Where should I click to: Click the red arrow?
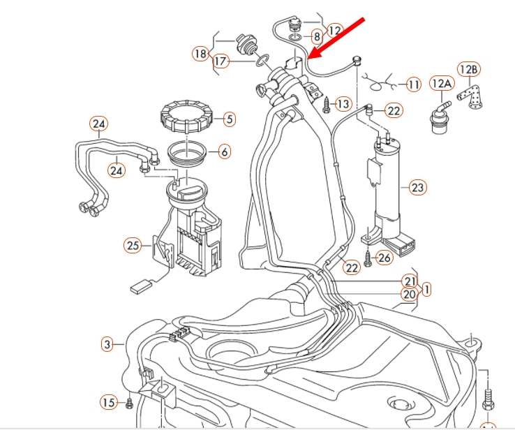pos(337,38)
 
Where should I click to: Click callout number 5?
pos(230,119)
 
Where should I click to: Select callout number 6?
pos(225,151)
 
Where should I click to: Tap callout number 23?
pos(418,188)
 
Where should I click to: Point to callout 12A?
pos(442,84)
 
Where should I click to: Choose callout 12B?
pos(469,69)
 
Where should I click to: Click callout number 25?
pos(133,246)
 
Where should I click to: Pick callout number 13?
pos(343,105)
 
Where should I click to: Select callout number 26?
pos(385,258)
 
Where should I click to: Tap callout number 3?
pos(107,345)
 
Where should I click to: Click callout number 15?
pos(109,402)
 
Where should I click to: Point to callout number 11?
pos(414,84)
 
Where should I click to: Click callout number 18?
pos(200,53)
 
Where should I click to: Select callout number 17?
pos(221,61)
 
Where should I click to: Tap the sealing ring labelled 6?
pos(187,154)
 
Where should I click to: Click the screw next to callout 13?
pos(327,105)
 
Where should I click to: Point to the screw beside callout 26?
pos(368,258)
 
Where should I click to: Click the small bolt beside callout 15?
pos(129,403)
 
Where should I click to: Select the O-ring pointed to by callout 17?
pos(263,60)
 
